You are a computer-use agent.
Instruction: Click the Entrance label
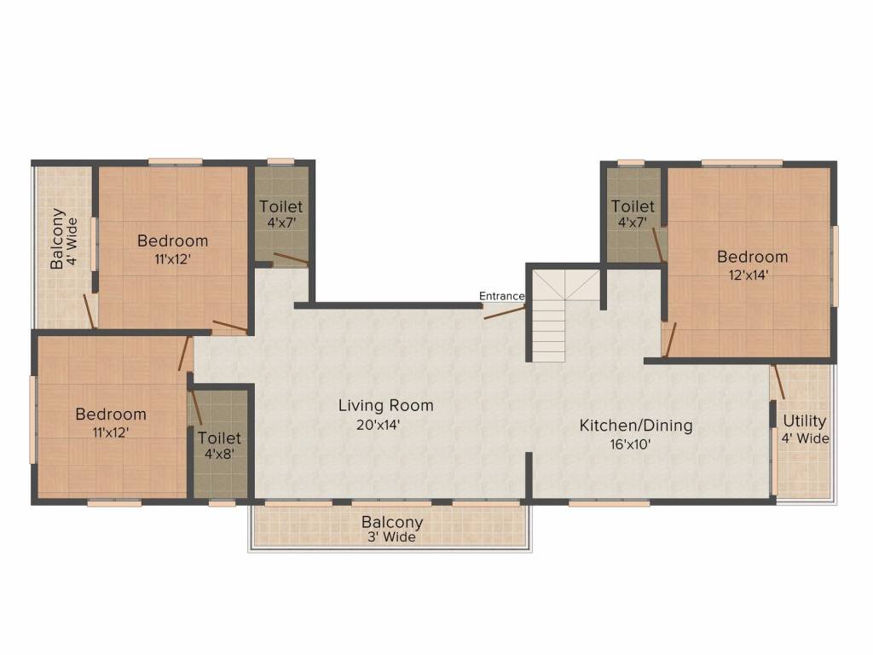(501, 296)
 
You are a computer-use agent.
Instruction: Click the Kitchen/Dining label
(636, 425)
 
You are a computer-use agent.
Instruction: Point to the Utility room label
(805, 420)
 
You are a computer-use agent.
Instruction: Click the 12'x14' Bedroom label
(752, 257)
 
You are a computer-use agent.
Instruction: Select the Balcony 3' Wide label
(391, 522)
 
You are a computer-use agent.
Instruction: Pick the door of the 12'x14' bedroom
(671, 339)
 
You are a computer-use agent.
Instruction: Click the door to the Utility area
(778, 381)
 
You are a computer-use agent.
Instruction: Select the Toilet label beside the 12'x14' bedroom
(633, 206)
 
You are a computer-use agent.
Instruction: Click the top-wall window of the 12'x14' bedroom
(742, 162)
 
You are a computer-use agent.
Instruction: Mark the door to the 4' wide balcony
(88, 310)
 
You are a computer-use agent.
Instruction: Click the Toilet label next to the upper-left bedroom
(280, 206)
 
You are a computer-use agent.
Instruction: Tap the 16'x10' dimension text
(636, 443)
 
